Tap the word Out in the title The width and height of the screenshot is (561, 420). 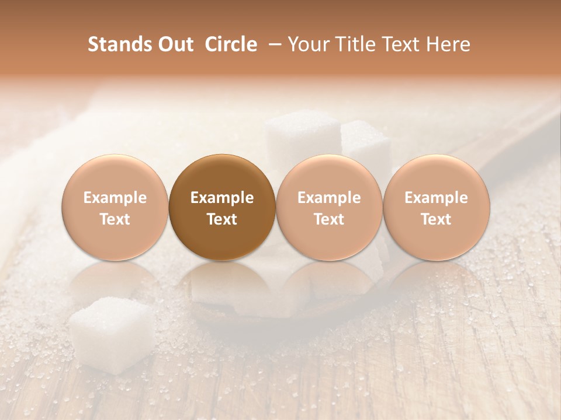coord(174,44)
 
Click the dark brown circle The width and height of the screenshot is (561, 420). coord(222,208)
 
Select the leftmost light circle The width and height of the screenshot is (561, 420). coord(115,208)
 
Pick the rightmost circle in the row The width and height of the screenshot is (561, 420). coord(437,208)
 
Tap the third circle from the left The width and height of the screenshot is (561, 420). coord(329,208)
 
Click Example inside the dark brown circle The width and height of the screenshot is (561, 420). coord(222,198)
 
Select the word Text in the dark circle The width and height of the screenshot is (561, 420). coord(222,219)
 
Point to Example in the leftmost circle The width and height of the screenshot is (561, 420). coord(115,198)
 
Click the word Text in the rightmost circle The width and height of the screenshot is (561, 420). coord(437,219)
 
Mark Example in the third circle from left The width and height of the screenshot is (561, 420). coord(329,198)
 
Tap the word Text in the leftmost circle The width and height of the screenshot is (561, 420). coord(115,219)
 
